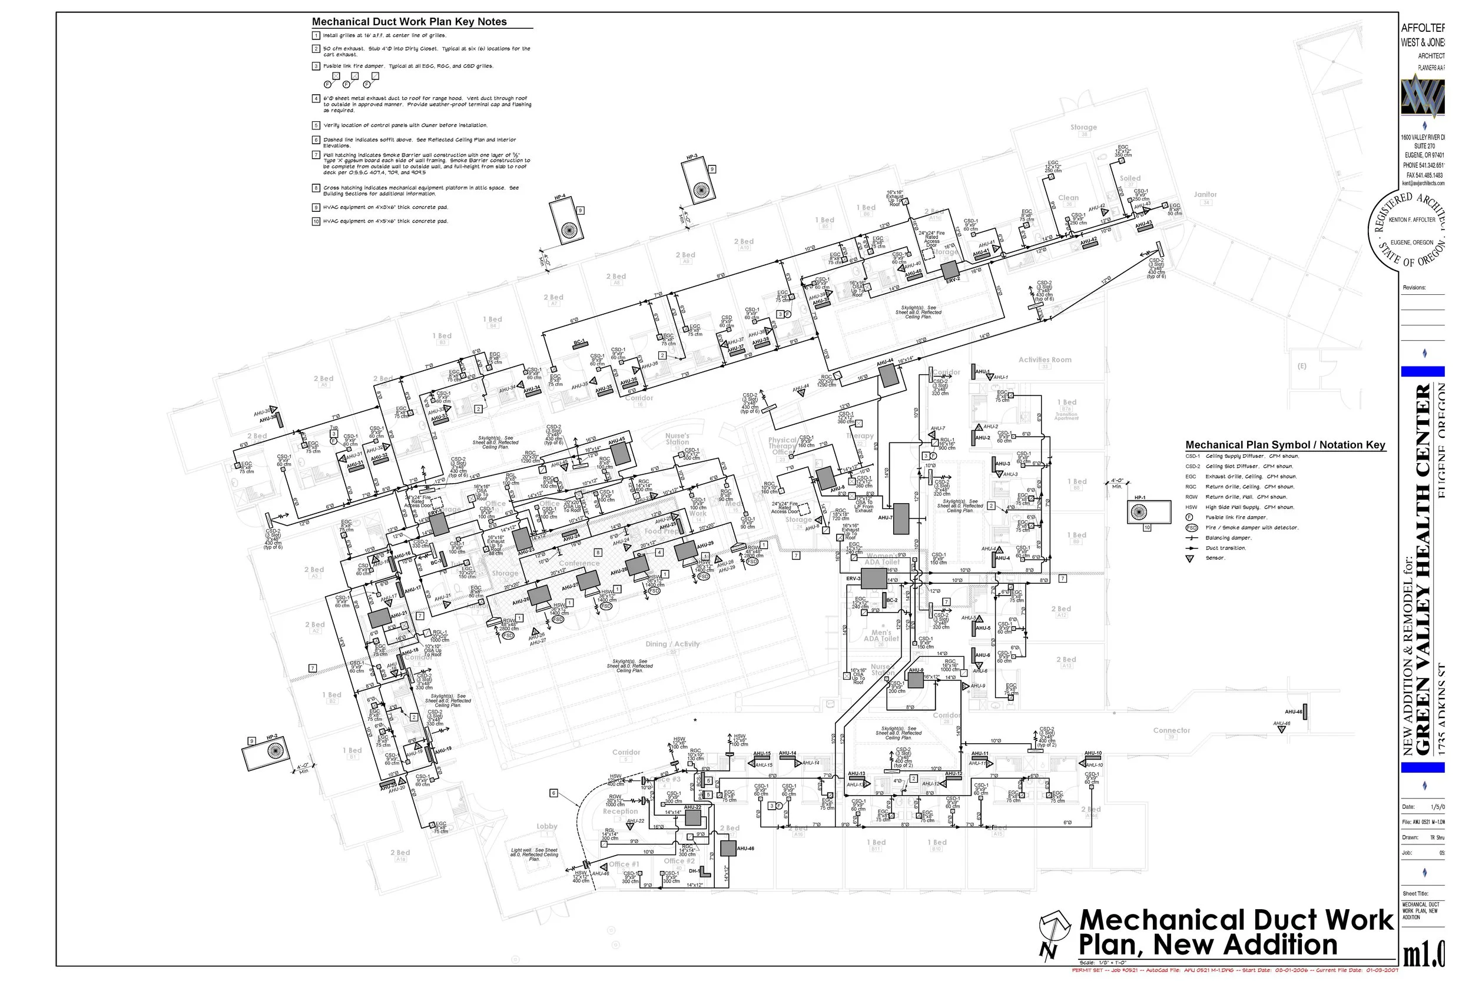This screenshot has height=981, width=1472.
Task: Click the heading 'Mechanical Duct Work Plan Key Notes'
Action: point(409,22)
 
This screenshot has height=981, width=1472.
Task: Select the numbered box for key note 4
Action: point(316,99)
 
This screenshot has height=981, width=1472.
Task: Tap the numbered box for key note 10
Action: point(316,221)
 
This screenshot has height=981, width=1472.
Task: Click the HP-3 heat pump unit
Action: point(698,182)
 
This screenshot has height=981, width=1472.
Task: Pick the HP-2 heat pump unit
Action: point(270,754)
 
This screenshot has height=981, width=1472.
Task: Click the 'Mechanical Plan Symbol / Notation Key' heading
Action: point(1285,445)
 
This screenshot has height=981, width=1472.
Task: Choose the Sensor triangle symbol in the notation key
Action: point(1190,558)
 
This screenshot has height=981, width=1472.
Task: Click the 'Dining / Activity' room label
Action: point(672,644)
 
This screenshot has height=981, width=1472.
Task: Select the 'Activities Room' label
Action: point(1045,360)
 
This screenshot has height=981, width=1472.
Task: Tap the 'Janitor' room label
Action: point(1205,195)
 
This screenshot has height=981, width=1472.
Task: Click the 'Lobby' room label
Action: point(546,826)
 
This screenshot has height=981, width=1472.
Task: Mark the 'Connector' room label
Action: point(1171,730)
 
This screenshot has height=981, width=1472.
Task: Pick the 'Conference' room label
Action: point(579,563)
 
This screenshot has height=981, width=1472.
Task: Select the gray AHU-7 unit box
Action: point(901,518)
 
